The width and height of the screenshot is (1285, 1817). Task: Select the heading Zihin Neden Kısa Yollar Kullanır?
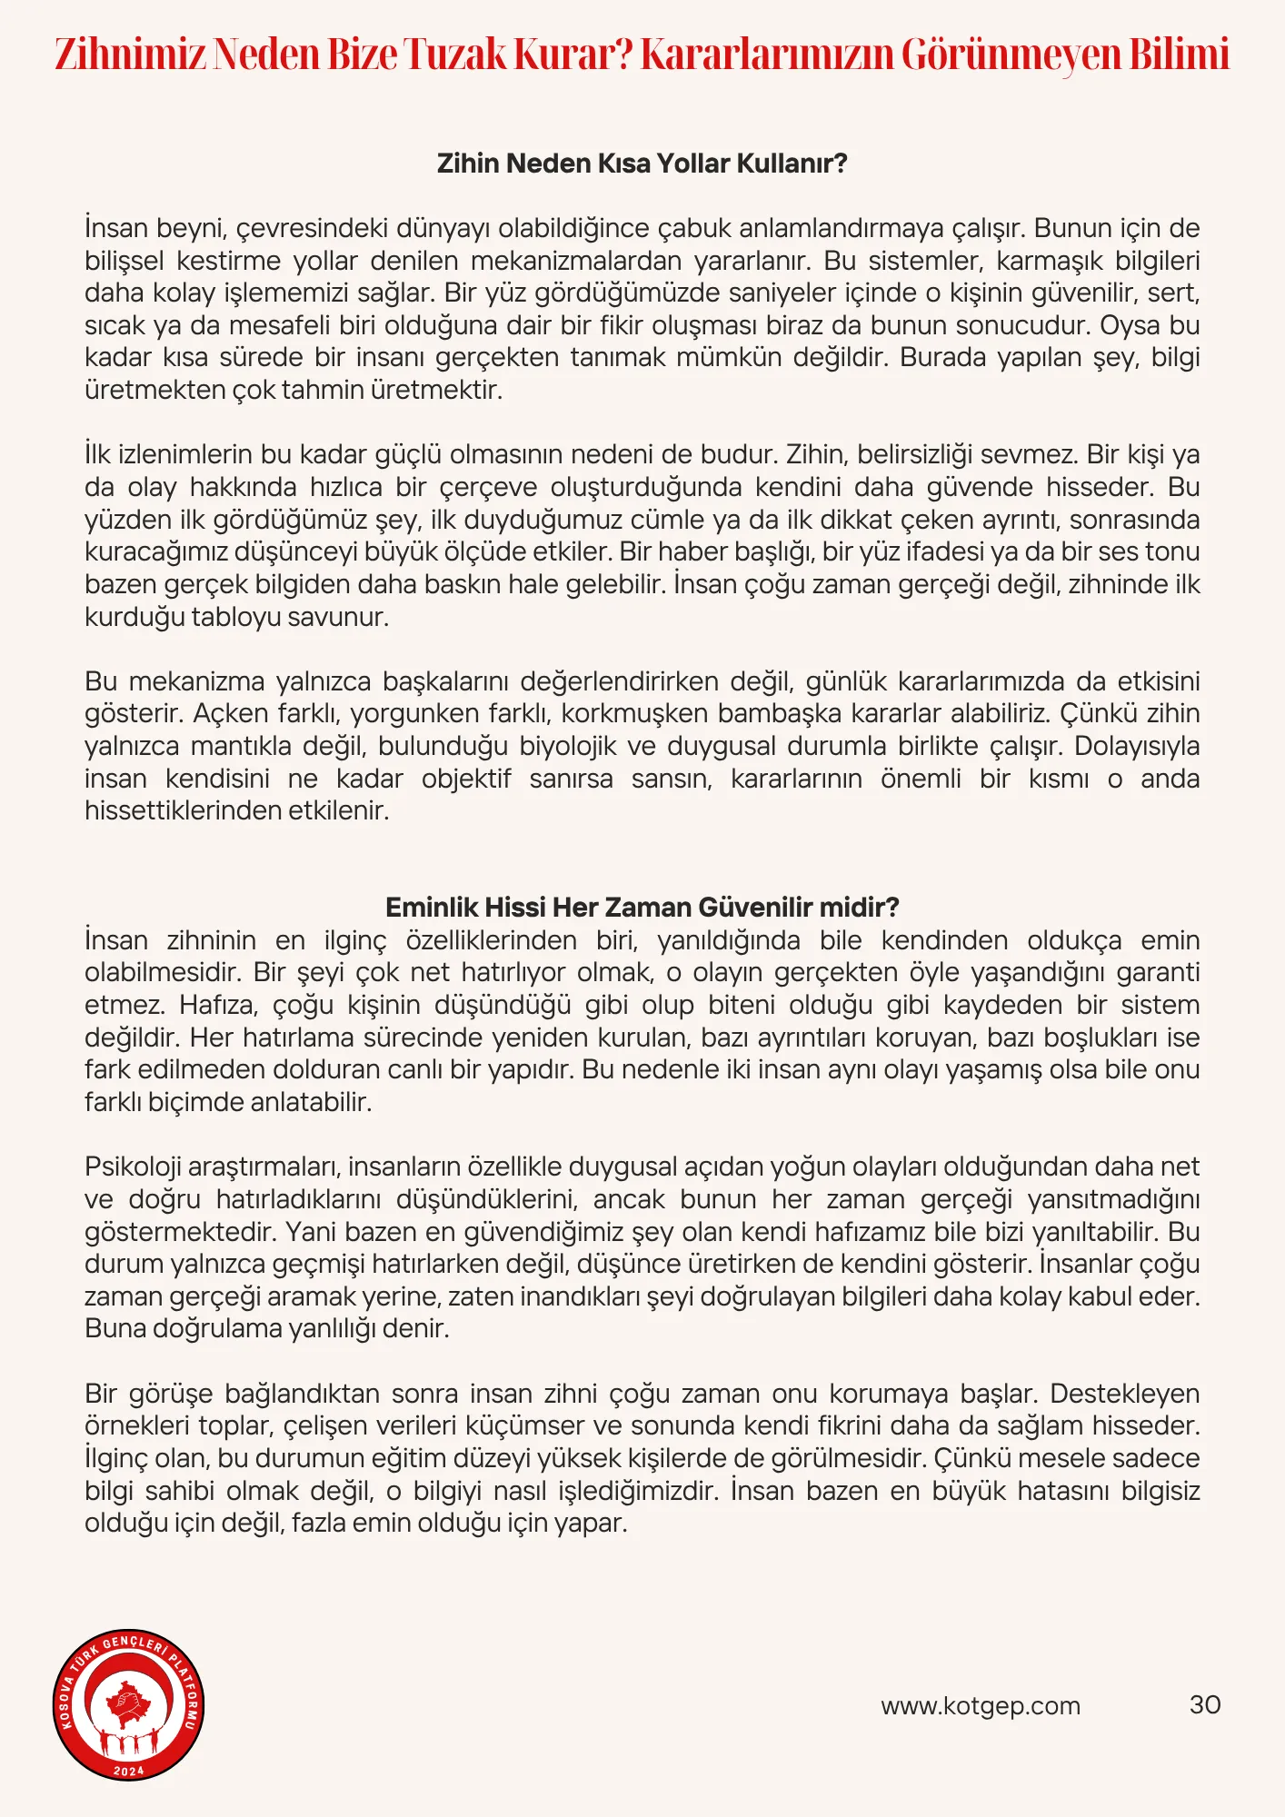[x=642, y=164]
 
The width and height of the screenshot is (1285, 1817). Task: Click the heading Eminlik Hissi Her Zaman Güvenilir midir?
[x=642, y=907]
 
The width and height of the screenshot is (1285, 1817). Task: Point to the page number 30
[x=1204, y=1704]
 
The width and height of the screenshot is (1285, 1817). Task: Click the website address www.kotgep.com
[x=980, y=1705]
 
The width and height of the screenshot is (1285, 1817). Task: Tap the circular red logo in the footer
[x=128, y=1703]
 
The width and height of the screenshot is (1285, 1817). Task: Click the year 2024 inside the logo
[x=128, y=1771]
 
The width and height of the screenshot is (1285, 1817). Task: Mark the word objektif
[x=466, y=779]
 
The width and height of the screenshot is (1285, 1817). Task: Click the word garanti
[x=1158, y=972]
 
